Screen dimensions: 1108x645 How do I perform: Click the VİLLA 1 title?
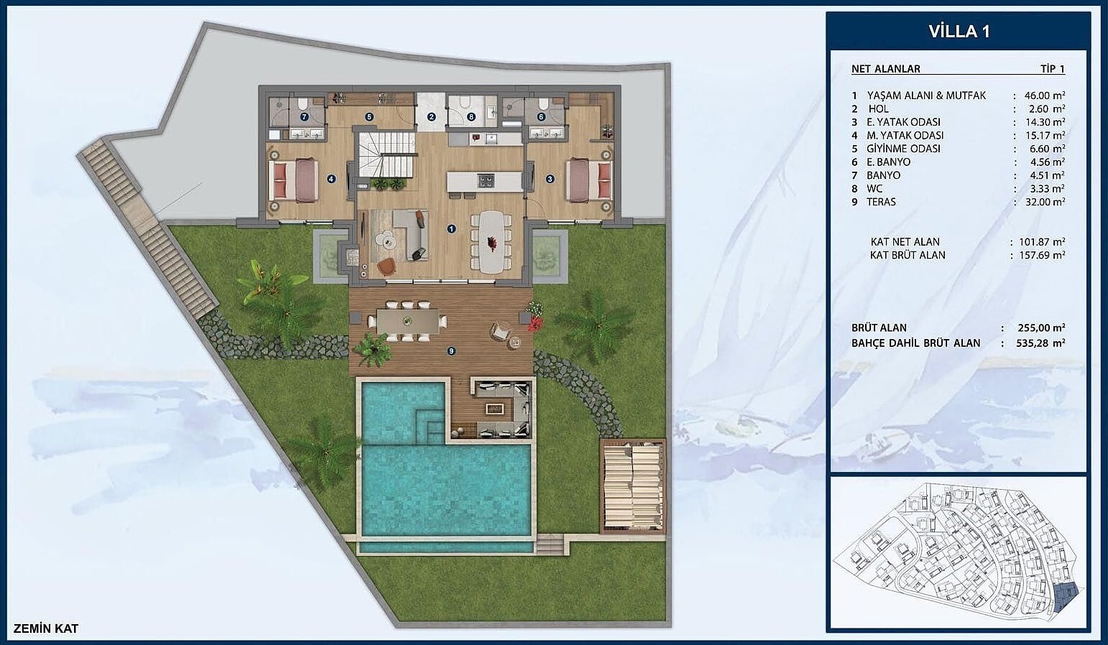click(959, 32)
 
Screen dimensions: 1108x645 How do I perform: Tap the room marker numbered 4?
click(331, 179)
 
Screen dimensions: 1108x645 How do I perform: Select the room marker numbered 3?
click(550, 179)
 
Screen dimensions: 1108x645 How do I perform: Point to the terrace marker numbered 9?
click(451, 351)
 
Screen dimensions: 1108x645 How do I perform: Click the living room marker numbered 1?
click(451, 229)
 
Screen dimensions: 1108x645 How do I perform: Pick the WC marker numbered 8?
click(471, 117)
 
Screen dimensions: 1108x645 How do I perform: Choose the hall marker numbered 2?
click(431, 117)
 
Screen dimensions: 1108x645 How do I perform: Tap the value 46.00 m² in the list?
click(1044, 96)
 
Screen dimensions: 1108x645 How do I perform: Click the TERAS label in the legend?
click(881, 202)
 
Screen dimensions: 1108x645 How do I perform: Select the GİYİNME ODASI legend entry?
click(903, 149)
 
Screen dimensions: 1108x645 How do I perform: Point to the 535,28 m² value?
click(1040, 343)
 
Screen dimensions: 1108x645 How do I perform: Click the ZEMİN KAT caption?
click(46, 628)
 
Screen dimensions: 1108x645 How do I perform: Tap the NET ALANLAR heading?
click(885, 69)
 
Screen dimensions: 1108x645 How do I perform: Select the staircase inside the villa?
click(387, 154)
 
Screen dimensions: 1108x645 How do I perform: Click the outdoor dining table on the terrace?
click(407, 322)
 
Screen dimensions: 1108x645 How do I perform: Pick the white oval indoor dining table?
click(492, 242)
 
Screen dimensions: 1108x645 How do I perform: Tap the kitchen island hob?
click(486, 180)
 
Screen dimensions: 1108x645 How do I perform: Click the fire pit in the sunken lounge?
click(494, 409)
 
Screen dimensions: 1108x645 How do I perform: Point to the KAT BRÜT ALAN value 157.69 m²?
click(1042, 255)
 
